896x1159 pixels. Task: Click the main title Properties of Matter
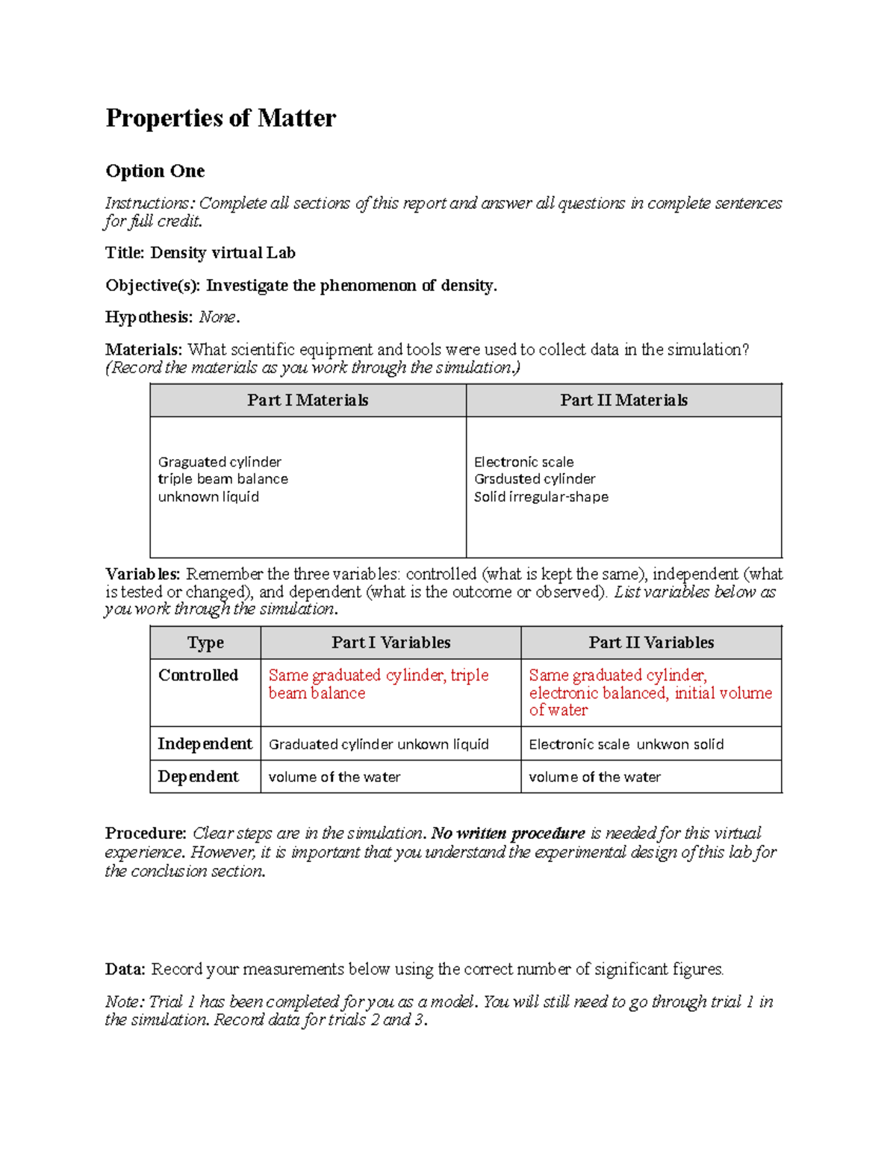click(220, 118)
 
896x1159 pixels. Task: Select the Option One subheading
click(155, 171)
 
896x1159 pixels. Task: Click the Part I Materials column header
click(308, 400)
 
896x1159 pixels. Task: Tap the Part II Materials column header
click(623, 400)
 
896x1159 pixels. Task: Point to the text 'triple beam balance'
click(223, 479)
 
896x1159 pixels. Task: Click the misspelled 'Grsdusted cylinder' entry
click(535, 479)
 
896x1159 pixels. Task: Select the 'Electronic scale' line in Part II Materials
click(523, 462)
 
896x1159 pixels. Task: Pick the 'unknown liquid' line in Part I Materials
click(208, 497)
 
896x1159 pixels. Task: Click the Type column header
click(205, 643)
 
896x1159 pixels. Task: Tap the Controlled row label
click(198, 675)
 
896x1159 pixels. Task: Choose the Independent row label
click(205, 744)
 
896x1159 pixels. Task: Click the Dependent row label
click(198, 777)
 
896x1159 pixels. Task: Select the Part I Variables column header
click(391, 643)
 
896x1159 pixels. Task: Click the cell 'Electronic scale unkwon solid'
click(626, 744)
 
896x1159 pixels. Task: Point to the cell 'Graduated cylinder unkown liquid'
click(379, 744)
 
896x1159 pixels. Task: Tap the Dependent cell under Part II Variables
click(594, 777)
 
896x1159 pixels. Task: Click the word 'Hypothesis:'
click(149, 317)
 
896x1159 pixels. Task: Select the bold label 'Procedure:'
click(146, 833)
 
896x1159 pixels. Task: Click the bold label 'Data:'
click(125, 969)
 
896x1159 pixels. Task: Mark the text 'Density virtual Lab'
click(223, 253)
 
